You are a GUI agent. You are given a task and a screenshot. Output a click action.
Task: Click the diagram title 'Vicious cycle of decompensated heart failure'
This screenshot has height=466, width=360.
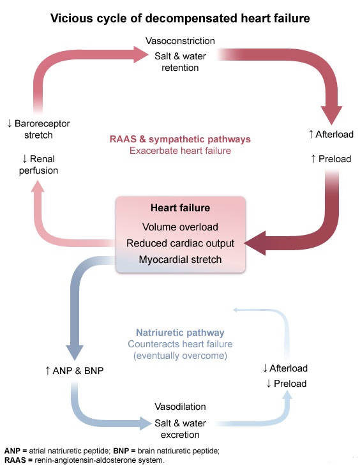[x=180, y=19]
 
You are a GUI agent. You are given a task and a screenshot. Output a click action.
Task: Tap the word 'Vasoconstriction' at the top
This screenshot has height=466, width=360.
[x=180, y=41]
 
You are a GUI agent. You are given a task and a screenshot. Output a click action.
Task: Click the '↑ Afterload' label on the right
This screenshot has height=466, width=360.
[x=330, y=134]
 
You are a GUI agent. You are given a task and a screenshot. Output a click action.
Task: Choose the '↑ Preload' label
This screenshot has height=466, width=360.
[x=331, y=158]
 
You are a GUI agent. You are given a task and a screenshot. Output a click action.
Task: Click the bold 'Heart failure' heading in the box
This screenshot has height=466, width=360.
[x=180, y=208]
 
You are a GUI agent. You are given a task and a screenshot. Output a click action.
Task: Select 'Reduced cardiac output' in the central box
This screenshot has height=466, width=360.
[x=180, y=243]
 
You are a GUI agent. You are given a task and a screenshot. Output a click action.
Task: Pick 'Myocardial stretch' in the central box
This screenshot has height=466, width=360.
[x=180, y=259]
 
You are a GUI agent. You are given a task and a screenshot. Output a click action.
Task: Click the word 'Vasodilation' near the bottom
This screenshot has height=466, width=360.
[x=180, y=407]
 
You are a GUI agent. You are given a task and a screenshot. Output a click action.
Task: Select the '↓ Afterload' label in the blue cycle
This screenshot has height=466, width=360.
[x=285, y=368]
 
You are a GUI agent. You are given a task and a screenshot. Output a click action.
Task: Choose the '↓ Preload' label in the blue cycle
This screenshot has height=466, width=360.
[x=285, y=383]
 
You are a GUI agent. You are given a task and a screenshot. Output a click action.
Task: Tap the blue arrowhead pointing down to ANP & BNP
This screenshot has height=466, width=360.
[x=74, y=351]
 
